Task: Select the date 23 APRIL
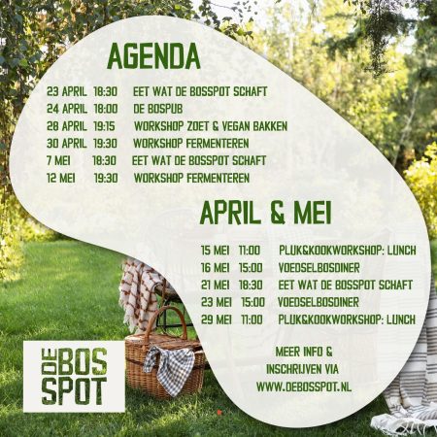(x=66, y=91)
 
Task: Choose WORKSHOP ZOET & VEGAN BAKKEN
(x=210, y=126)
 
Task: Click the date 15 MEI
(x=215, y=250)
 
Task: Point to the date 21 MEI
(x=215, y=285)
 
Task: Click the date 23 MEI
(x=215, y=302)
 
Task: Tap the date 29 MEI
(x=215, y=319)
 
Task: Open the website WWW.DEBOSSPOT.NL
(x=304, y=387)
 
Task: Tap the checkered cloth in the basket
(x=172, y=366)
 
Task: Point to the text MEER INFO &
(x=304, y=351)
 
